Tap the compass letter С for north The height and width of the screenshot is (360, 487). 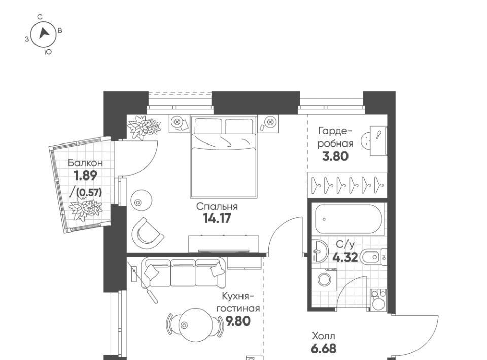[40, 17]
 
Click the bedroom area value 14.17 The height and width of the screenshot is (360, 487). [217, 219]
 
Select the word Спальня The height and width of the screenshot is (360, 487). [217, 206]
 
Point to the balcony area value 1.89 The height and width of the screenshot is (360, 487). [85, 175]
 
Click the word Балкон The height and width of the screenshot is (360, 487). [85, 163]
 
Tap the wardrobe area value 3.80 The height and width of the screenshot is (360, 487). [335, 156]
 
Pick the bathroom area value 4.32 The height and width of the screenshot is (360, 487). [345, 257]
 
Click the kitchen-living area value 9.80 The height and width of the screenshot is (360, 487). [238, 321]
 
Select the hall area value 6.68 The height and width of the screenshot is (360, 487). [323, 349]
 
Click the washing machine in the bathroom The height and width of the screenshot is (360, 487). [324, 279]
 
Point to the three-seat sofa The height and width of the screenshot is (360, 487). [183, 272]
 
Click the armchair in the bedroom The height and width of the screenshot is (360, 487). [147, 233]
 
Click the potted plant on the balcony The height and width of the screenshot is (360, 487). [85, 209]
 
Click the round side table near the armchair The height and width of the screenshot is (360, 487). [142, 200]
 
